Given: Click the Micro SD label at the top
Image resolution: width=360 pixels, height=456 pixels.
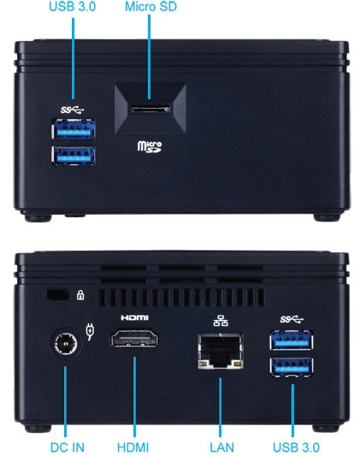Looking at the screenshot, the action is pos(150,6).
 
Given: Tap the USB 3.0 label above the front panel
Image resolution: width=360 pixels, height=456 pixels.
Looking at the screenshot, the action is pos(73,6).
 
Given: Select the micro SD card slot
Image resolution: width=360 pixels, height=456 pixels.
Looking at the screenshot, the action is pos(150,109).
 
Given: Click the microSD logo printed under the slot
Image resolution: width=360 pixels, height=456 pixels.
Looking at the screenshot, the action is pos(150,146).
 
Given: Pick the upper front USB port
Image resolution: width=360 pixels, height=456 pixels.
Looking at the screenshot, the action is pos(74,129).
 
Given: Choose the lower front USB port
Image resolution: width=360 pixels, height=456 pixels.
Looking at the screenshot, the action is pos(74,156).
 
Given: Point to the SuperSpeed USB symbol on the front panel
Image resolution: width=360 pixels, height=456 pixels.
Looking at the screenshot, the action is pos(73,110).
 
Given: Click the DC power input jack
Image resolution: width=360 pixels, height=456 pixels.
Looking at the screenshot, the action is pos(66,343).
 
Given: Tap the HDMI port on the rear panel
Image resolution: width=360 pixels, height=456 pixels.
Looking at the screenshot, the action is pos(134,338).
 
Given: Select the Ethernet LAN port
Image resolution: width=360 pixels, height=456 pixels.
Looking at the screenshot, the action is pos(221,352).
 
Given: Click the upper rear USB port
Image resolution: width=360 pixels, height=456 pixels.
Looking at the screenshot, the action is pos(292,340).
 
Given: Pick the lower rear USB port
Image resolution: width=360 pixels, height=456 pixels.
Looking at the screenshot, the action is pos(292,367).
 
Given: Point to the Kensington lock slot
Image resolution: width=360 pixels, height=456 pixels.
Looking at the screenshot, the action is pos(58,295).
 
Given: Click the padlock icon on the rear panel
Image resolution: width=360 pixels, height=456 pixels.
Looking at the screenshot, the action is pos(80,295).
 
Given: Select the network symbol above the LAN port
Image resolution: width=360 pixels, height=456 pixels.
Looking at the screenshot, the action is pos(221,321).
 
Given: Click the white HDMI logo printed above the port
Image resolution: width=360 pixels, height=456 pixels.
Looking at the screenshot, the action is pos(134,317).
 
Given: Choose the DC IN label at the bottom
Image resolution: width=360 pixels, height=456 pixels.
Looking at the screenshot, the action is pos(67,447).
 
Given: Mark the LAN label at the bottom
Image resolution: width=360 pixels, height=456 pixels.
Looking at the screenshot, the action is pos(221,447).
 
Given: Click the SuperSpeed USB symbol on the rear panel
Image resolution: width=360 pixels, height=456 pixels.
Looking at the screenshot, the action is pos(292,319).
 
